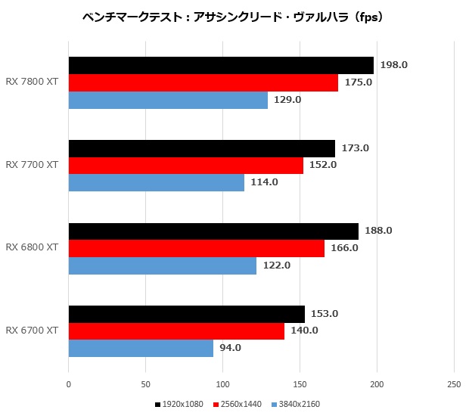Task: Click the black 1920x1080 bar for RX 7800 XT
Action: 221,65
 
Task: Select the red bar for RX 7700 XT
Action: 186,166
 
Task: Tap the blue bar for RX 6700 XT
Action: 141,348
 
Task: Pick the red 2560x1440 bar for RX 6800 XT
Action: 197,248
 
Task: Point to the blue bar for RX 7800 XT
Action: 168,100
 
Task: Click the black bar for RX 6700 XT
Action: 187,314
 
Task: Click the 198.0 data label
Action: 395,65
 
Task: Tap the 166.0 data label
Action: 345,248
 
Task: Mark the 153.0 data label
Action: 325,314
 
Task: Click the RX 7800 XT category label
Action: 32,82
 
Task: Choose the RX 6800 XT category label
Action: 32,247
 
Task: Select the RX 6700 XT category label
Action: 32,331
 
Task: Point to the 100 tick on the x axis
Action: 223,383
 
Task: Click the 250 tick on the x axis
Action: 454,383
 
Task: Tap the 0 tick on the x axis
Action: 69,383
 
